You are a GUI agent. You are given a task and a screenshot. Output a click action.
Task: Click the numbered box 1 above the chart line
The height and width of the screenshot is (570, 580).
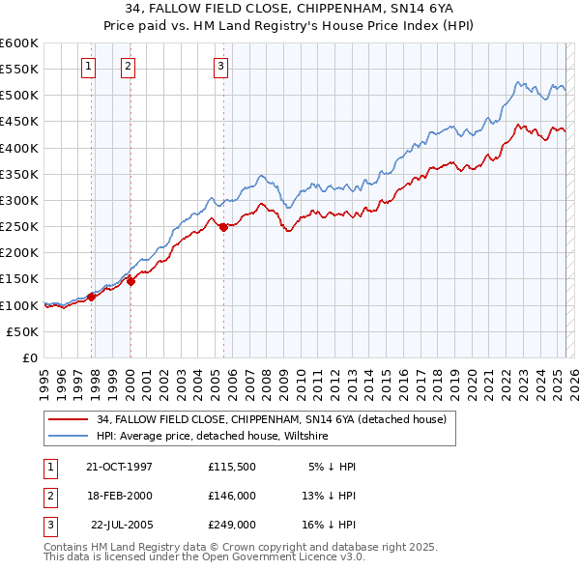click(88, 67)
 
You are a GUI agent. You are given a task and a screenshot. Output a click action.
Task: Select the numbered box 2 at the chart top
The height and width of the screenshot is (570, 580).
click(128, 67)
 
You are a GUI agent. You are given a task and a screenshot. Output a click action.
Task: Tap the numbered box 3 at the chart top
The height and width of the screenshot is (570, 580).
click(220, 67)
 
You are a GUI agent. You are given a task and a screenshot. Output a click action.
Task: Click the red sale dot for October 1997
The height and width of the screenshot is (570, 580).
click(92, 297)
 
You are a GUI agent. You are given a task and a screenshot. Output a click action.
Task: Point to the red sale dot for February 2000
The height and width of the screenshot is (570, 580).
click(131, 281)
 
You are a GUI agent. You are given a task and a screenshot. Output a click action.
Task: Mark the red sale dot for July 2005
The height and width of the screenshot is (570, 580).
click(223, 227)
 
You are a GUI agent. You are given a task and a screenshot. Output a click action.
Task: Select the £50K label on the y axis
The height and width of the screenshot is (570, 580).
click(23, 331)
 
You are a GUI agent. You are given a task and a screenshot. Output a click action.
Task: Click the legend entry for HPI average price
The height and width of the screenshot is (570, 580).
click(213, 437)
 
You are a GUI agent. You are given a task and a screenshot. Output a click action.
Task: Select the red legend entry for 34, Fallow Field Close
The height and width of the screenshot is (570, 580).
click(271, 420)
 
